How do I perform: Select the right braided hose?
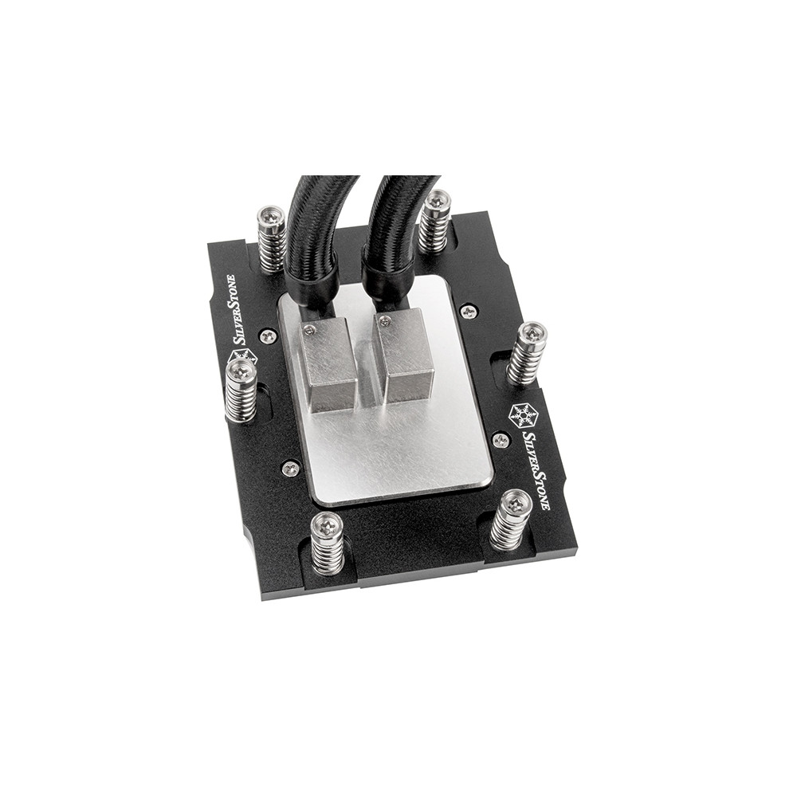(389, 218)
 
